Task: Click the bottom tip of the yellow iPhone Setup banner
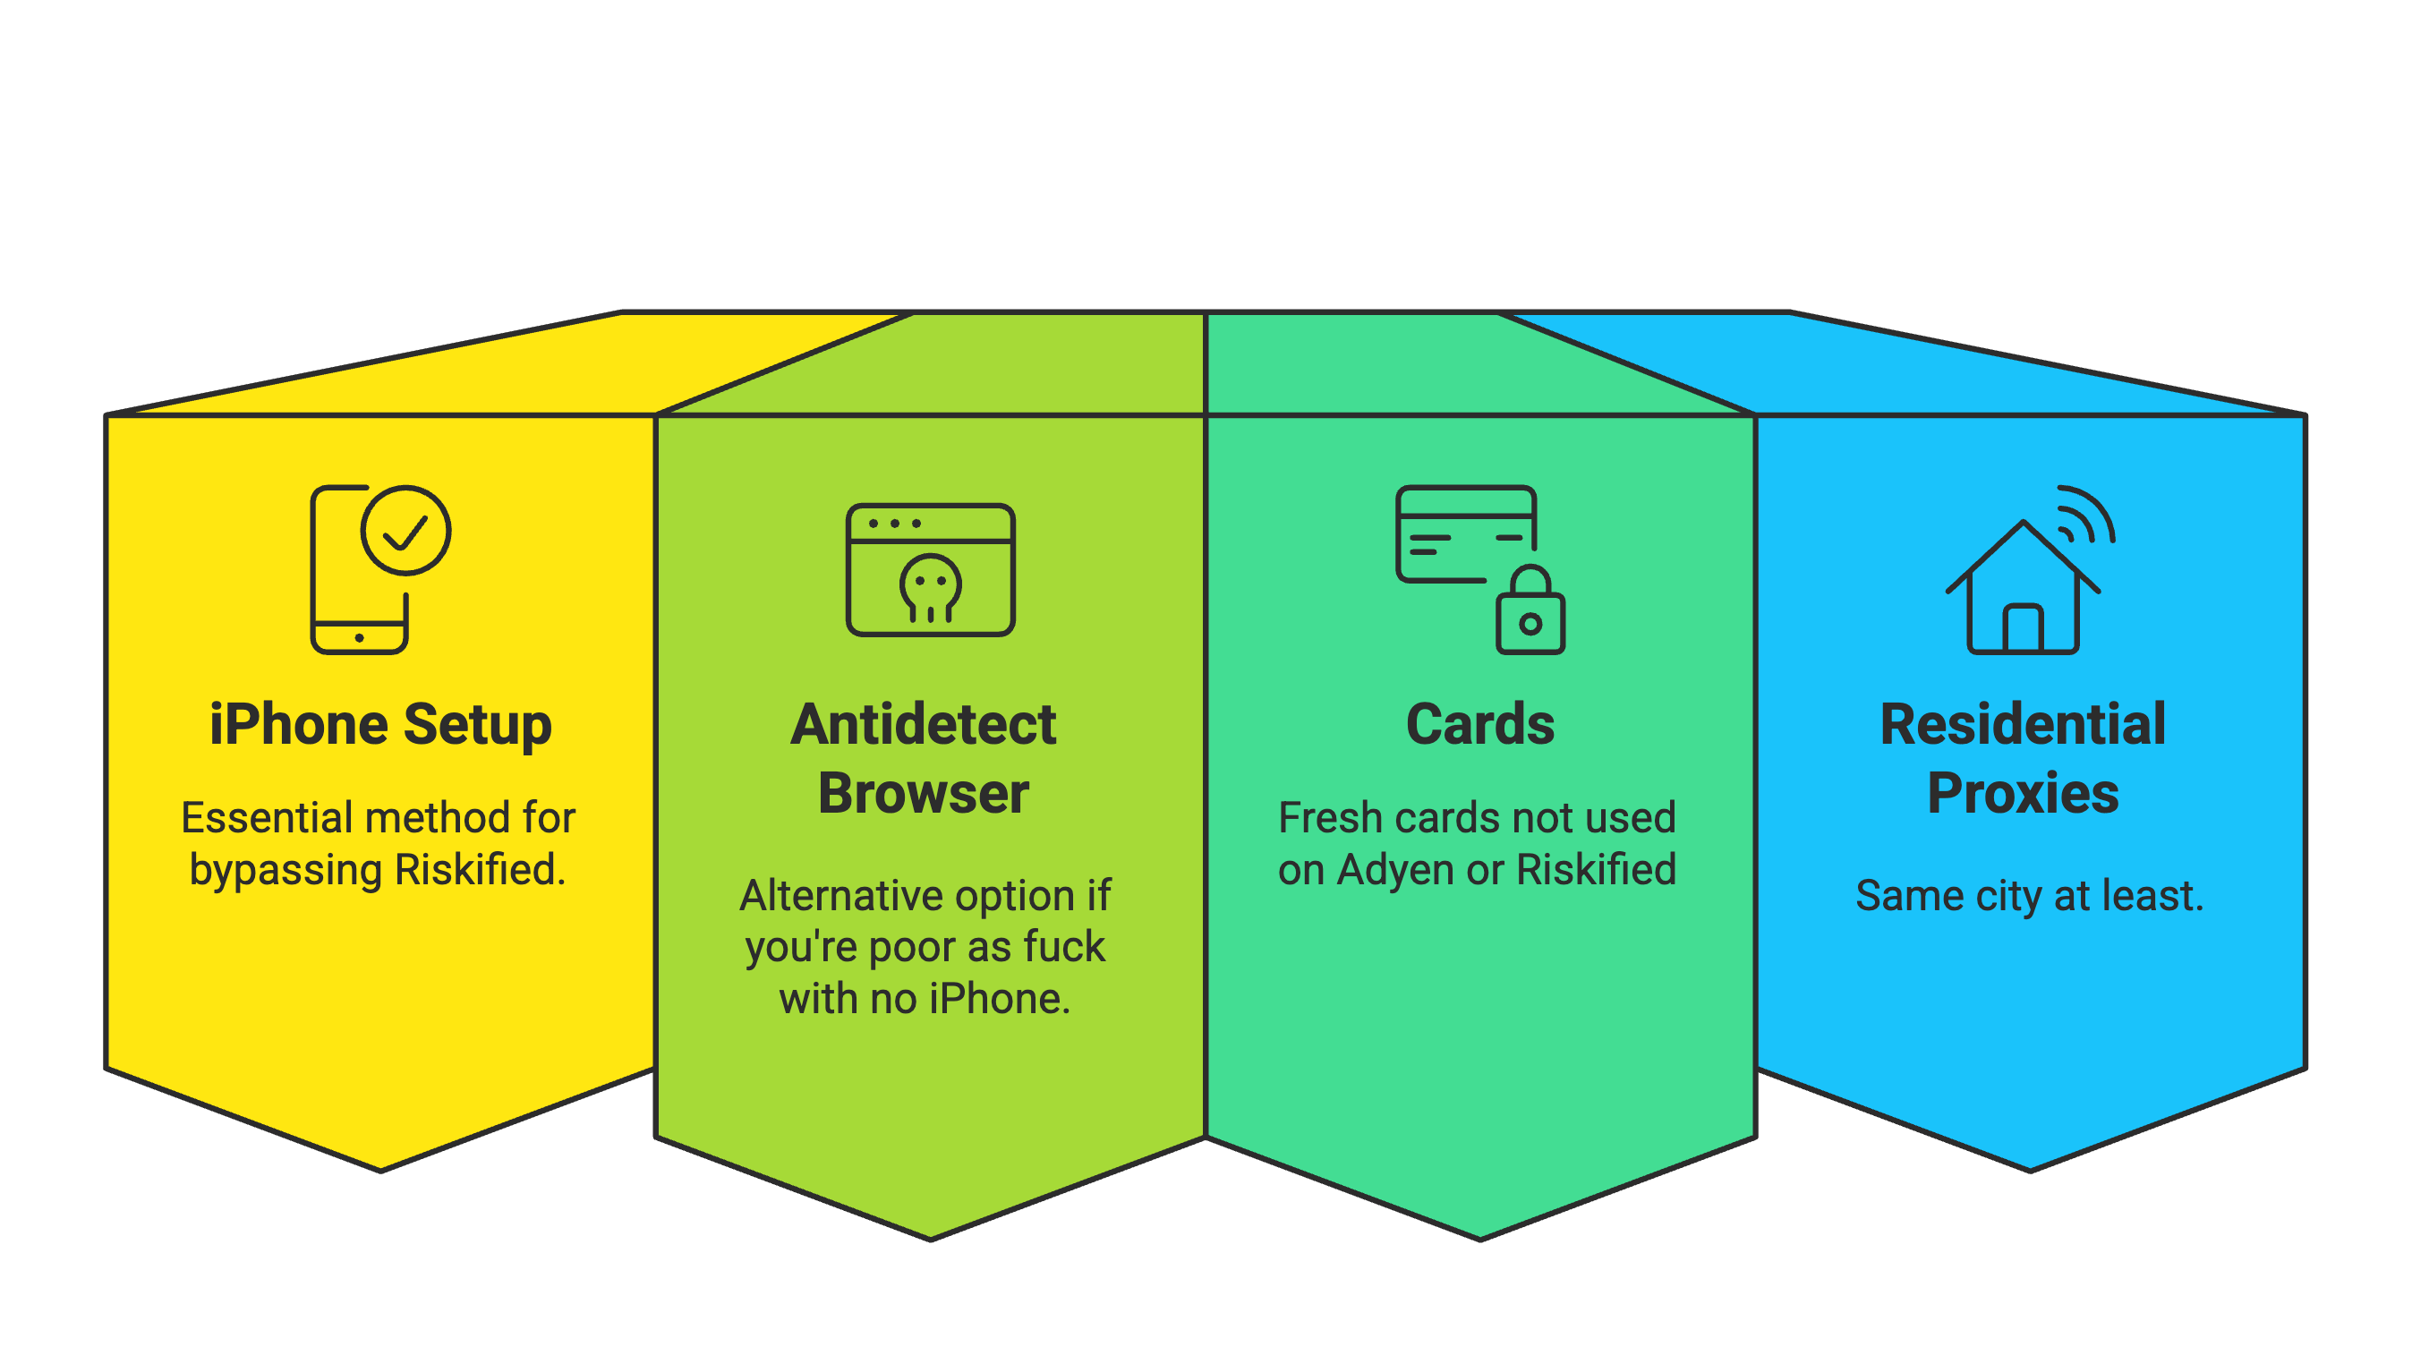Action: point(381,1170)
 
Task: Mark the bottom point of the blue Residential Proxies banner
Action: point(2030,1170)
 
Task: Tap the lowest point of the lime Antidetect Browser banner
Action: point(931,1240)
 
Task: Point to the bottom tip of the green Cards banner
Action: point(1480,1240)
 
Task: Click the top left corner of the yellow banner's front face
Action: point(107,414)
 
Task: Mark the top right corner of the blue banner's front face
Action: point(2305,414)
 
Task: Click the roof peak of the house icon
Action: point(2024,523)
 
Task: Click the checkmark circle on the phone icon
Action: point(406,530)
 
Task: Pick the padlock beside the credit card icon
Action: point(1530,610)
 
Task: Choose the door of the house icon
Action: point(2023,627)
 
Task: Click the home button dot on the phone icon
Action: point(360,638)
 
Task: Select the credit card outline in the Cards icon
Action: point(1466,533)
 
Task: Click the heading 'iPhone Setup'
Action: point(380,726)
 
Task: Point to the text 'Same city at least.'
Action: point(2030,897)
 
